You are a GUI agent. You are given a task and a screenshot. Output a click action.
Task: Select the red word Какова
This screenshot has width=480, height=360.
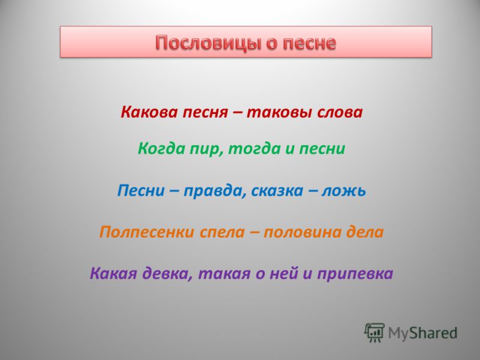(x=149, y=112)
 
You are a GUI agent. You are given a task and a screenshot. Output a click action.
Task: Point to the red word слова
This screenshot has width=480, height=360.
(x=340, y=112)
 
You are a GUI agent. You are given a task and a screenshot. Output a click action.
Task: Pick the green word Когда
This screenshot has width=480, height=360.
(x=161, y=149)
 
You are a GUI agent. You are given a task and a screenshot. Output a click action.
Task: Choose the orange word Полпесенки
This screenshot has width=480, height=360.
(x=146, y=232)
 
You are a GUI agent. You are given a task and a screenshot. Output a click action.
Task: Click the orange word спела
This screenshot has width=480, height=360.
(x=222, y=233)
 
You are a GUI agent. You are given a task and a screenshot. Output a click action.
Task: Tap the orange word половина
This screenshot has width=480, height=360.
(x=302, y=233)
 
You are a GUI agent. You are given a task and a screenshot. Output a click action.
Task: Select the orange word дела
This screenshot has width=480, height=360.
(x=365, y=232)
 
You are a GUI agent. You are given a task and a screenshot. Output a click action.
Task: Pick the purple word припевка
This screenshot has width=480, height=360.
(x=355, y=274)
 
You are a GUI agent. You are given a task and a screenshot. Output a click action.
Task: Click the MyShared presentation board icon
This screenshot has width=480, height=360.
(x=374, y=332)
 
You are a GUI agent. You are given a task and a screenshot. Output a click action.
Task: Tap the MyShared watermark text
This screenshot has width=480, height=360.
(x=423, y=333)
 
